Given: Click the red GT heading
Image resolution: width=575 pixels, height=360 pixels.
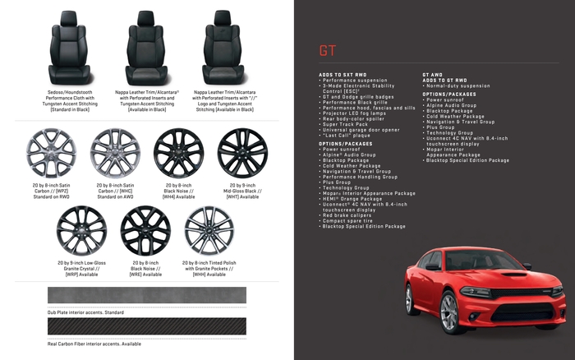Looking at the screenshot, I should pyautogui.click(x=328, y=50).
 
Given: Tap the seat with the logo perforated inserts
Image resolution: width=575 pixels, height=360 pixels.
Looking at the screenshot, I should pyautogui.click(x=223, y=45).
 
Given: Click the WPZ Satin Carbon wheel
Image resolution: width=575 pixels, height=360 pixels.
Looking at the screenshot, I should pyautogui.click(x=51, y=154).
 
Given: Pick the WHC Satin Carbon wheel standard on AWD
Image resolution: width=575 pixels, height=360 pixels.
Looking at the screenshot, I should pyautogui.click(x=114, y=154).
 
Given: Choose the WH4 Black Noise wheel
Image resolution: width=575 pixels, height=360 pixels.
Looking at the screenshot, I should pyautogui.click(x=178, y=154).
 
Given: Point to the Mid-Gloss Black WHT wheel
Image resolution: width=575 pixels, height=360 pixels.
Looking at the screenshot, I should pyautogui.click(x=242, y=154).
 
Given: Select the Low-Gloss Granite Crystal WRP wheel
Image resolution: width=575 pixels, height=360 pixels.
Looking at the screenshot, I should pyautogui.click(x=82, y=230).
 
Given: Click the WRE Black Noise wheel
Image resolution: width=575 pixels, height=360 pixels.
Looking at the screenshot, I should pyautogui.click(x=145, y=230).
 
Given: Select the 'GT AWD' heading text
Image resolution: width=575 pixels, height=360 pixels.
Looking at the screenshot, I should pyautogui.click(x=433, y=75).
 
